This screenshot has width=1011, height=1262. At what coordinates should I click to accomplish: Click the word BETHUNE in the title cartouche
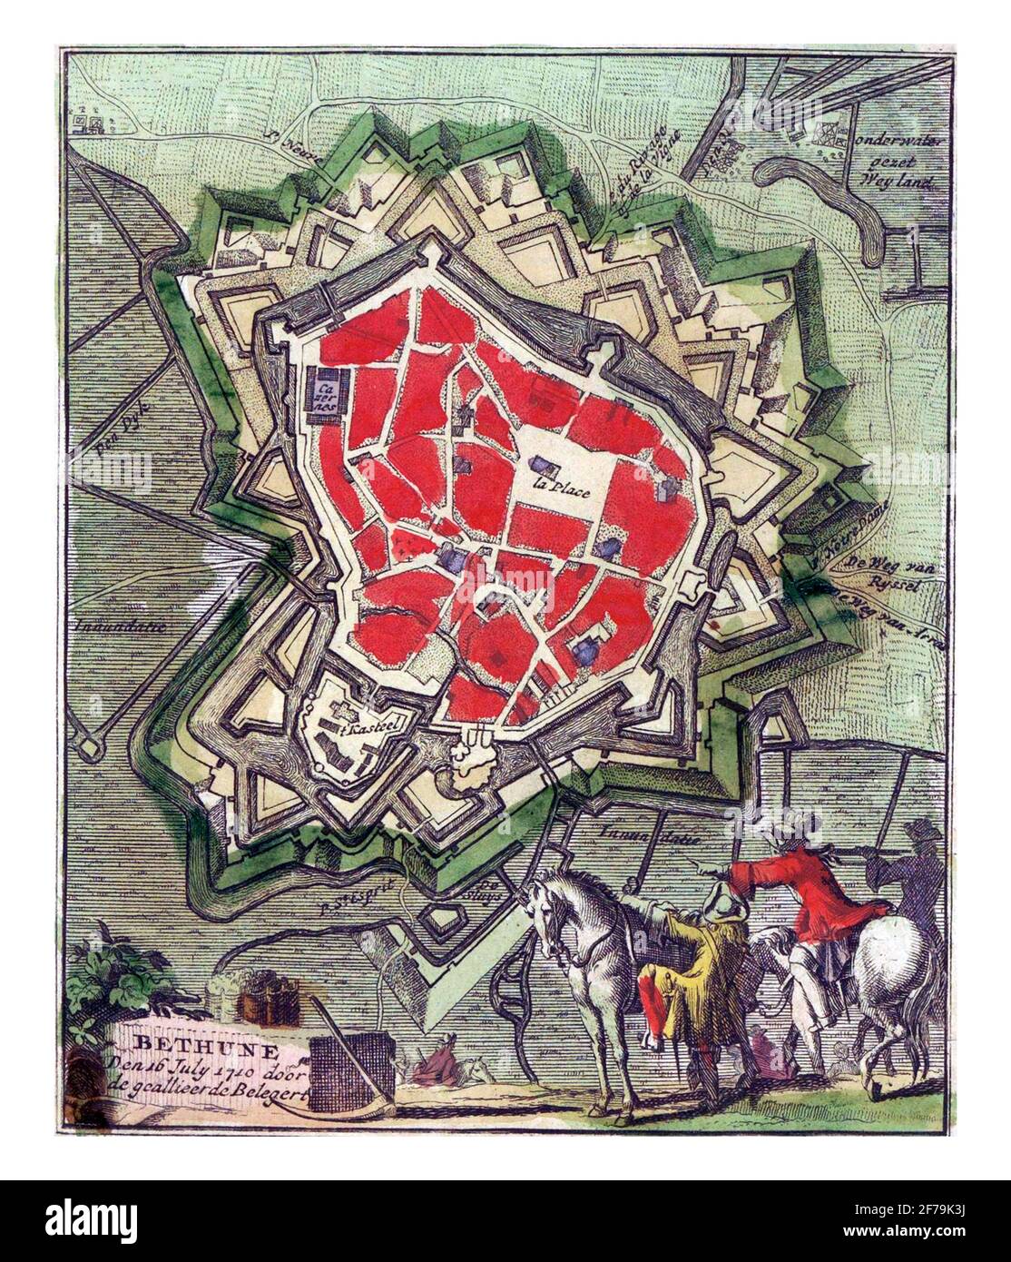point(178,1040)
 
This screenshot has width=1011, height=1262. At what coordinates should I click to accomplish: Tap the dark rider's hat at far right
point(924,830)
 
